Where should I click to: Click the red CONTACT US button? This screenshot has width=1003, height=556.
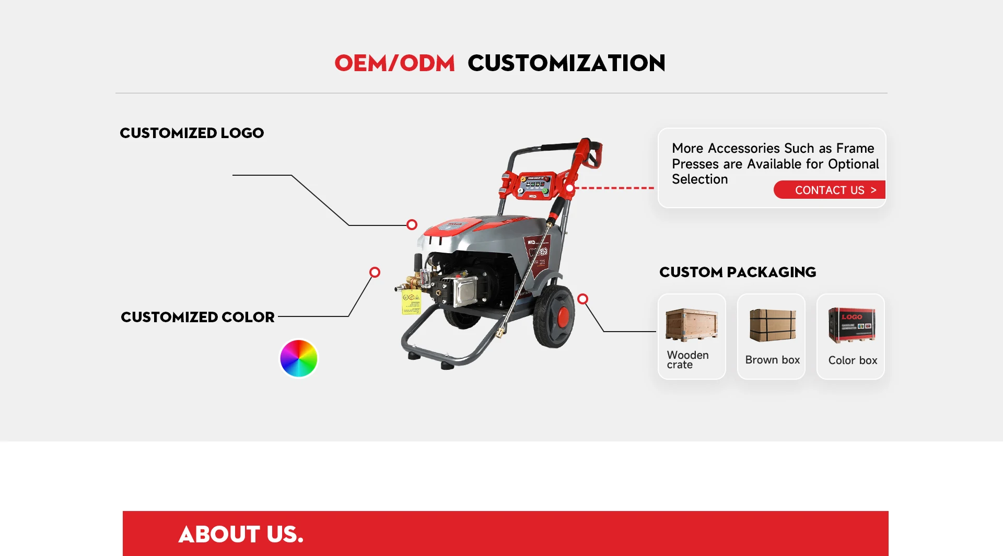point(830,190)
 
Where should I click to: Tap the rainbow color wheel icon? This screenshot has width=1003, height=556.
point(299,358)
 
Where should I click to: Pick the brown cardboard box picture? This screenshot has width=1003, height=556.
point(773,325)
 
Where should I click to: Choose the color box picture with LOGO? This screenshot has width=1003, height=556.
point(852,325)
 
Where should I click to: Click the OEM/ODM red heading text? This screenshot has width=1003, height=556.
point(395,63)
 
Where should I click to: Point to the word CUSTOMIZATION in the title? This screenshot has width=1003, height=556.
point(566,63)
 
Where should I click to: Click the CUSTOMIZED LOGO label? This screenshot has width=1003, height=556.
point(192,133)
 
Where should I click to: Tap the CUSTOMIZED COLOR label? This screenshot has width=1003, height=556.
point(197,317)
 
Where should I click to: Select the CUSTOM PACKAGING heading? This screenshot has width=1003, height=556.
point(738,272)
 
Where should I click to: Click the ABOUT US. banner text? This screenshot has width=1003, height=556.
point(241,534)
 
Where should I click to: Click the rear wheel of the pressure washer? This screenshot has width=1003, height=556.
point(554,316)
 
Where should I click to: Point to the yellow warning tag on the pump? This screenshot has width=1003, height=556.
point(411,302)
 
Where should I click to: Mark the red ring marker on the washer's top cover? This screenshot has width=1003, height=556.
point(412,225)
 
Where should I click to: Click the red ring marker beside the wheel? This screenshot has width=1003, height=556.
point(583,299)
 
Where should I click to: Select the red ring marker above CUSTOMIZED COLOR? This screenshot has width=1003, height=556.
point(375,273)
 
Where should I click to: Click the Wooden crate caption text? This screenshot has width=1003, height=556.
point(687,359)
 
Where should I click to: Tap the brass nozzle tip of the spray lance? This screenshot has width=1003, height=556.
point(499,332)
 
